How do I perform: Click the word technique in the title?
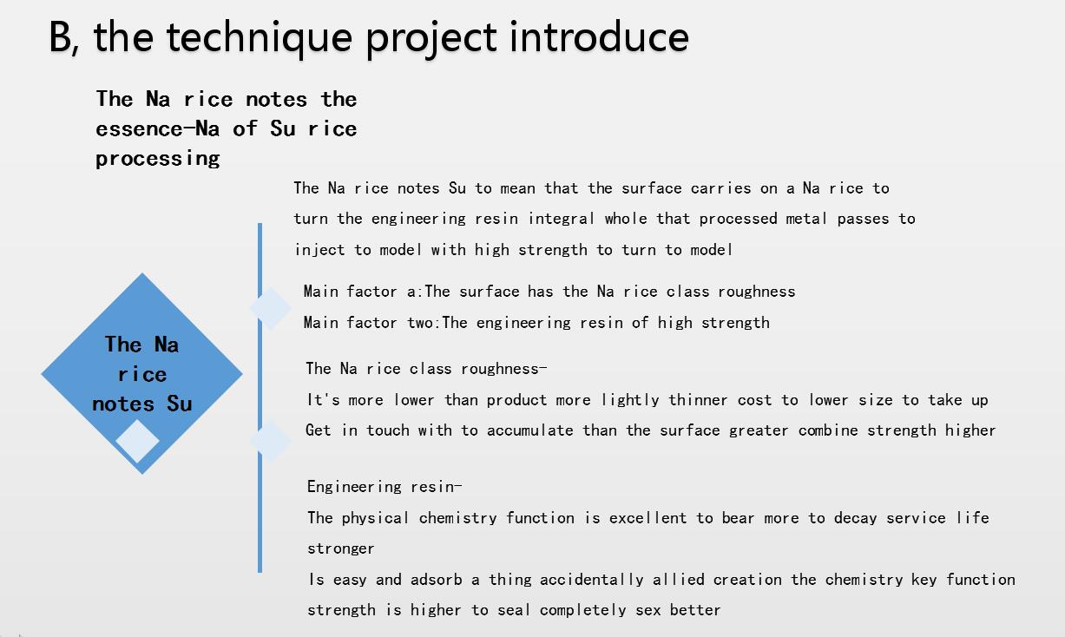(x=260, y=38)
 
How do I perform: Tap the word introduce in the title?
(x=599, y=36)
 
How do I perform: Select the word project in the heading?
(x=431, y=39)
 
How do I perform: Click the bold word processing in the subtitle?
(x=158, y=158)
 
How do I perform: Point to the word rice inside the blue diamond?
(x=142, y=374)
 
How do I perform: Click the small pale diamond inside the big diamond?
(x=137, y=441)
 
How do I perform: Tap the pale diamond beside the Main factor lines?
(x=271, y=308)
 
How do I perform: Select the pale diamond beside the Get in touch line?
(x=271, y=441)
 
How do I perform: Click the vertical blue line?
(x=260, y=397)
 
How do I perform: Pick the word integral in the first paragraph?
(x=561, y=219)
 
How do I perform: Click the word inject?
(x=319, y=250)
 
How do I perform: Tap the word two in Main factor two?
(x=419, y=323)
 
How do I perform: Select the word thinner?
(x=698, y=400)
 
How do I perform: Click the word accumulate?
(x=529, y=430)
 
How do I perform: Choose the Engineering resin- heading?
(x=385, y=487)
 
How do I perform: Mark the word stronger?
(x=340, y=549)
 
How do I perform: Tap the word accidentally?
(x=591, y=580)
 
